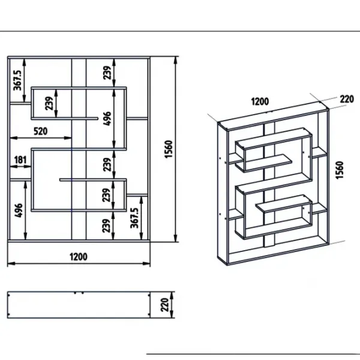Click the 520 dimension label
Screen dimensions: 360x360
pos(41,131)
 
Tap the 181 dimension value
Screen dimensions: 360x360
pos(20,160)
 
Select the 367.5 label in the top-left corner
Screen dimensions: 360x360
pos(17,80)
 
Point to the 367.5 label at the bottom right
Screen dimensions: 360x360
pos(134,218)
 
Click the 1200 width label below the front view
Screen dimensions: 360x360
pos(79,257)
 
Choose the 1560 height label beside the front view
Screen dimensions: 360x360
pos(169,149)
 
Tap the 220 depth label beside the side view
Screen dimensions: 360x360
pos(165,305)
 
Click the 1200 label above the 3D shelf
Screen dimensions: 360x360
pos(260,101)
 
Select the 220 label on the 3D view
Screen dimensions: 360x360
pos(347,99)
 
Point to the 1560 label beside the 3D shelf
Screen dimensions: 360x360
pos(340,170)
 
